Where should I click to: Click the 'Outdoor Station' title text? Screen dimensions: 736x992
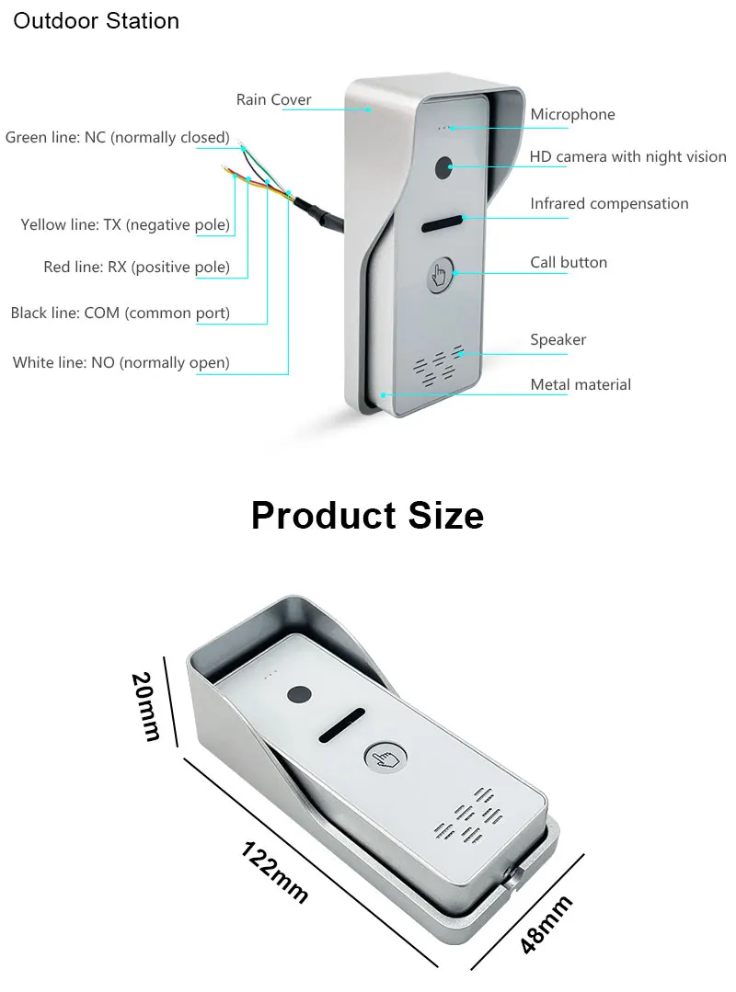pyautogui.click(x=96, y=20)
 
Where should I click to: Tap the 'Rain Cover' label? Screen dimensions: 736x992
pyautogui.click(x=273, y=99)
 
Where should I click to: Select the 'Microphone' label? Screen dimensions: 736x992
pyautogui.click(x=572, y=114)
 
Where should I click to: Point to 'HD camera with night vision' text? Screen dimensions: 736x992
pyautogui.click(x=627, y=157)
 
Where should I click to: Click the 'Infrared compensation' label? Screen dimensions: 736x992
pyautogui.click(x=609, y=203)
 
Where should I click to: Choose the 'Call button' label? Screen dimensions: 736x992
pyautogui.click(x=569, y=262)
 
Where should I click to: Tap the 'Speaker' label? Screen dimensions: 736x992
pyautogui.click(x=558, y=339)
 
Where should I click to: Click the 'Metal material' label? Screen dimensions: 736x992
pyautogui.click(x=581, y=384)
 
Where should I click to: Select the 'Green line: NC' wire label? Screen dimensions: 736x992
pyautogui.click(x=117, y=137)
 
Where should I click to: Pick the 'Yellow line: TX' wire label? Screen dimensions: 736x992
pyautogui.click(x=125, y=224)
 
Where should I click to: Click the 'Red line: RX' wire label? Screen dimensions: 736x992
pyautogui.click(x=136, y=268)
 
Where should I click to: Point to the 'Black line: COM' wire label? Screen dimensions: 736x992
pyautogui.click(x=120, y=313)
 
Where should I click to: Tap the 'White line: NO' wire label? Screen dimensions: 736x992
pyautogui.click(x=121, y=362)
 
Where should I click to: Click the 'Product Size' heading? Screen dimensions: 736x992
pyautogui.click(x=367, y=515)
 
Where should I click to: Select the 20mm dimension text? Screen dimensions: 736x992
pyautogui.click(x=145, y=706)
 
